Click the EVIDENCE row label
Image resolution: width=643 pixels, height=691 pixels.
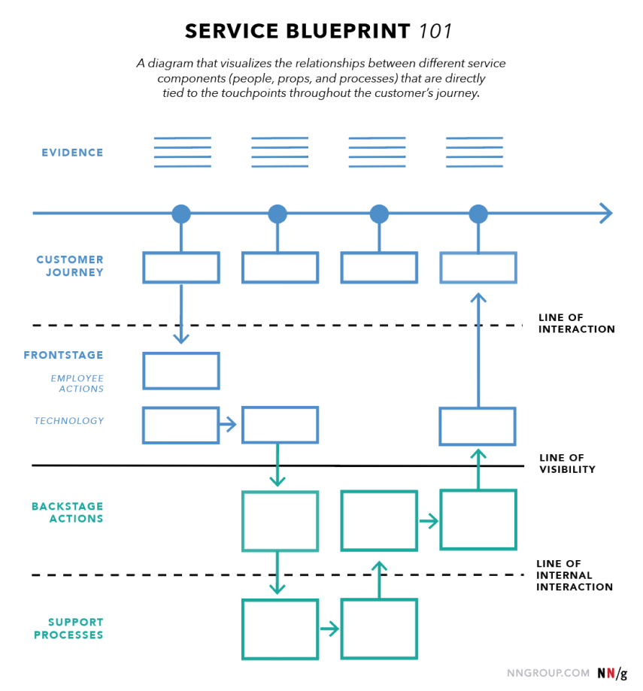point(72,153)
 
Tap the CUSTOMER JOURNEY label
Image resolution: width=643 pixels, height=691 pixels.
point(70,265)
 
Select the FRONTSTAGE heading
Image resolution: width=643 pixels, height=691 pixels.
point(63,355)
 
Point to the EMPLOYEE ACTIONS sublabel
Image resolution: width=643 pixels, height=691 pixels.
point(77,383)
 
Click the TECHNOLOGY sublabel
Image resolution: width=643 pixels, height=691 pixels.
point(69,421)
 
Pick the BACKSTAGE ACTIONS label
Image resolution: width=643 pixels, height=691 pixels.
point(68,513)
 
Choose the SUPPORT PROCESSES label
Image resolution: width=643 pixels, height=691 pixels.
point(68,629)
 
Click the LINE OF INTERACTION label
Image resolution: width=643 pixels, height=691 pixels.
point(577,323)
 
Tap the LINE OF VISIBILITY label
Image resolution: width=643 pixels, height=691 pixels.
point(567,464)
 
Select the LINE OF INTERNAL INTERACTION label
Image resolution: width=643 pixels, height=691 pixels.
point(575,575)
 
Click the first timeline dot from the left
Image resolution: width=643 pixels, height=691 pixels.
point(181,214)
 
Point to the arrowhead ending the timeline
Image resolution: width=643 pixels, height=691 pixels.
point(606,214)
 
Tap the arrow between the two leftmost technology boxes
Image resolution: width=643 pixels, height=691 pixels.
point(228,425)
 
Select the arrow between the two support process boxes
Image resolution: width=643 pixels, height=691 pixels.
point(329,629)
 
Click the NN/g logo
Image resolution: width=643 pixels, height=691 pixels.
point(612,674)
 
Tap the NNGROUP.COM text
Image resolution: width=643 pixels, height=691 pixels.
point(547,674)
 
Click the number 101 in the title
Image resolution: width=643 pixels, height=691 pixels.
point(435,32)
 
